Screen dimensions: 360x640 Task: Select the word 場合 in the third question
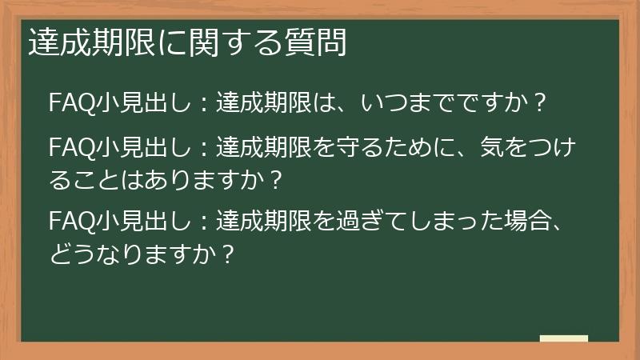click(x=525, y=219)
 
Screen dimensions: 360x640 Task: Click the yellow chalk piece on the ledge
click(x=563, y=338)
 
